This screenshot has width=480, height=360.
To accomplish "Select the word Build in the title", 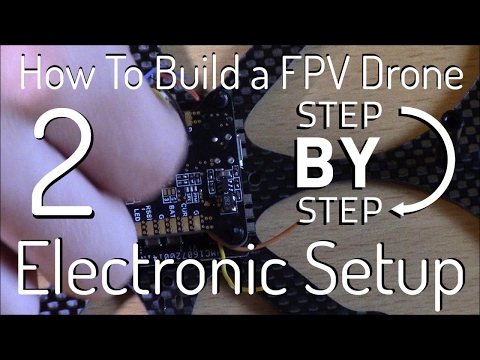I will (173, 75).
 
